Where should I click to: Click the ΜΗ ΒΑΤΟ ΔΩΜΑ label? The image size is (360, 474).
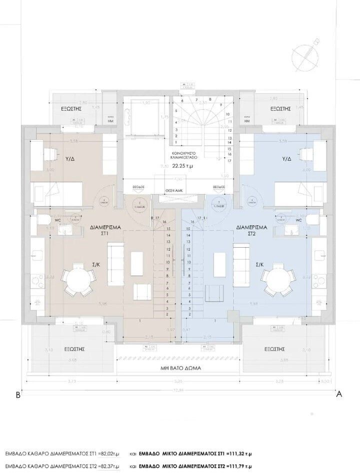(179, 366)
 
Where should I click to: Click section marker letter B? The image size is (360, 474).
(18, 394)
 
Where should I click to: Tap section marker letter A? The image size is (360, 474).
(338, 394)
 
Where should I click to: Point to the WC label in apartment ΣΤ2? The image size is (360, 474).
(299, 219)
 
